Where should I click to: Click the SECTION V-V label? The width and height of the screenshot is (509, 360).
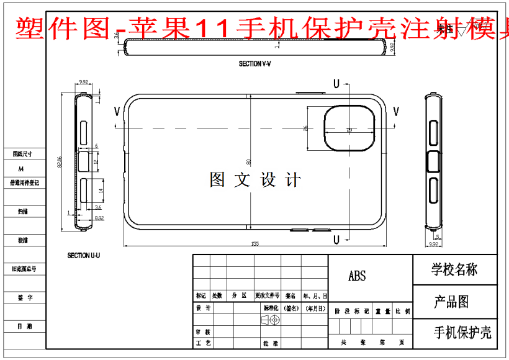pos(255,64)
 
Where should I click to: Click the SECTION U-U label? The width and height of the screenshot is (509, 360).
pos(84,255)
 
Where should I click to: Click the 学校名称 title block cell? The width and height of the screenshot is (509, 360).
pos(454,269)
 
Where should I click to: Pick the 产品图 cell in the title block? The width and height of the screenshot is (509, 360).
pos(451,302)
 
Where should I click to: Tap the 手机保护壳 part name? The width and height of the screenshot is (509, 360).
pos(462,333)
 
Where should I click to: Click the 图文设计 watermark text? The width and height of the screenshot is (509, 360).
pos(255,180)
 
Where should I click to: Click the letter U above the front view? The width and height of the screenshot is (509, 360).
pos(336,83)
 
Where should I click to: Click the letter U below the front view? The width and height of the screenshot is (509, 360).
pos(336,239)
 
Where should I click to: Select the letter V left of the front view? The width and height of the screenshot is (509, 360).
pos(117,111)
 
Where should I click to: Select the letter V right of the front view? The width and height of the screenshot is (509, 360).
pos(396,111)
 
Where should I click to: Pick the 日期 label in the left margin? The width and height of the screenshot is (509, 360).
pos(25,326)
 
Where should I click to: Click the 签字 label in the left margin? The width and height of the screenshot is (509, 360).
pos(25,298)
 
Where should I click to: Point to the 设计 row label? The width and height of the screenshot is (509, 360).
pos(203,308)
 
